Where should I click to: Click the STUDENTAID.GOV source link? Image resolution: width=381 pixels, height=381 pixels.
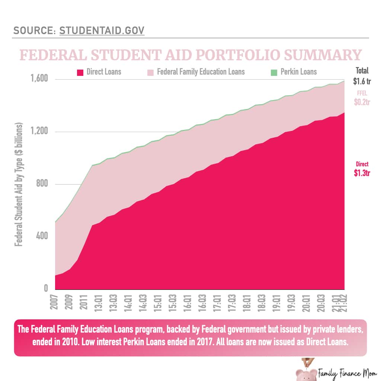click(x=102, y=31)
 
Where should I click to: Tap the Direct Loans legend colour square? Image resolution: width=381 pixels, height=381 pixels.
click(x=80, y=72)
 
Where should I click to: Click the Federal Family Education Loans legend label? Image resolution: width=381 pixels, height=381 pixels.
click(x=201, y=71)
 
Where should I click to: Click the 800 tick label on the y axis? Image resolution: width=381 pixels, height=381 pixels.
click(x=42, y=184)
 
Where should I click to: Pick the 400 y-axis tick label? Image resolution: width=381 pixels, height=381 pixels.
click(x=42, y=236)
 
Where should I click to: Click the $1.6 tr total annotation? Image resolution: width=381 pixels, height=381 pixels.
click(x=362, y=80)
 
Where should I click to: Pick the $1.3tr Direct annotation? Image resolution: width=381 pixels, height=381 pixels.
click(x=362, y=173)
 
